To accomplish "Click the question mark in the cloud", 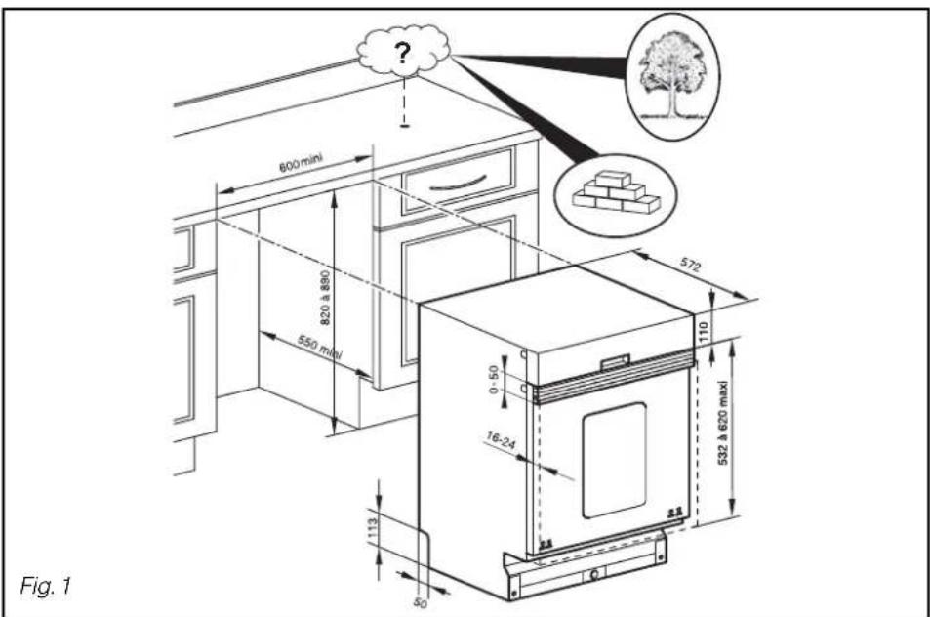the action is pyautogui.click(x=403, y=54).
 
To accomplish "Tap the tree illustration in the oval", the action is pyautogui.click(x=672, y=75).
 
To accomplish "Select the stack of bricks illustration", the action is pyautogui.click(x=616, y=192).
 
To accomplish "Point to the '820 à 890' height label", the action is pyautogui.click(x=325, y=298).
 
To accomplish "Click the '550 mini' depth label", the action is pyautogui.click(x=320, y=348).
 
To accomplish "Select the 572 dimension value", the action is pyautogui.click(x=690, y=264).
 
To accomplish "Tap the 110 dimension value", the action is pyautogui.click(x=704, y=331).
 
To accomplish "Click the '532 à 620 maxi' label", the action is pyautogui.click(x=723, y=423).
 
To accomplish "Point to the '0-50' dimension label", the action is pyautogui.click(x=494, y=380).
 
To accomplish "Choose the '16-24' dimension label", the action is pyautogui.click(x=502, y=440).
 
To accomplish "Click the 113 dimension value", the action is pyautogui.click(x=373, y=530).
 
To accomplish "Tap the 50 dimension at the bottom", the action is pyautogui.click(x=420, y=603).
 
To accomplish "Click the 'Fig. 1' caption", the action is pyautogui.click(x=45, y=586).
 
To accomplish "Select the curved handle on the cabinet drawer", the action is pyautogui.click(x=458, y=184).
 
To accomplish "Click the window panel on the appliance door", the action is pyautogui.click(x=614, y=461).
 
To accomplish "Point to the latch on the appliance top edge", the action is pyautogui.click(x=615, y=362).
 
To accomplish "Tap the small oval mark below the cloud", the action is pyautogui.click(x=405, y=125).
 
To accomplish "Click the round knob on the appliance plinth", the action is pyautogui.click(x=593, y=574).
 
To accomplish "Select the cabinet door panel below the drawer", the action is pyautogui.click(x=458, y=290).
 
